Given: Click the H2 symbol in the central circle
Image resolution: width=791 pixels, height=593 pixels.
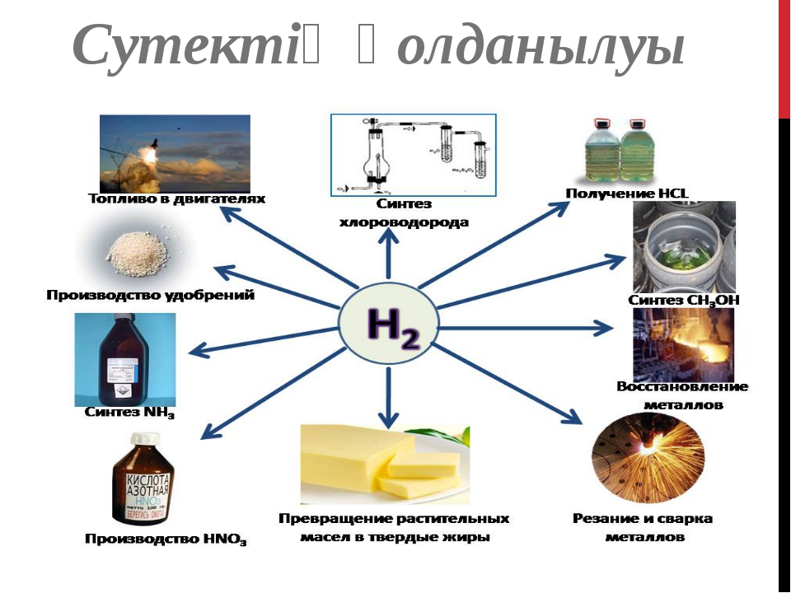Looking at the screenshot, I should pos(387,327).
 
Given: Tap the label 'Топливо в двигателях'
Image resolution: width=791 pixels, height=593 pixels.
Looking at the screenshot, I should pos(176,198).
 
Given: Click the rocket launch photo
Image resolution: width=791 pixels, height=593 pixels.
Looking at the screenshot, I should pos(175,153).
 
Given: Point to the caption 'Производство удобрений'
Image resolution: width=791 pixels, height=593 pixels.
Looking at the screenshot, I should pos(149,294).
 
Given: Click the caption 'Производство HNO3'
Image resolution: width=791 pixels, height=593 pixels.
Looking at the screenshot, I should pos(166,540).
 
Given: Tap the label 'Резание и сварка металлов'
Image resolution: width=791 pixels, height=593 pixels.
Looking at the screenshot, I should pos(644,528).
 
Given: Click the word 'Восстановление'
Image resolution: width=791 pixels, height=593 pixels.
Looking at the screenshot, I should pos(682,386).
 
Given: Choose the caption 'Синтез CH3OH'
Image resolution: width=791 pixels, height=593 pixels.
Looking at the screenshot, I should pos(683,301).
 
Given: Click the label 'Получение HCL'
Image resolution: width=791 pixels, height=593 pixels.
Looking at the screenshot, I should pos(626,194).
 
